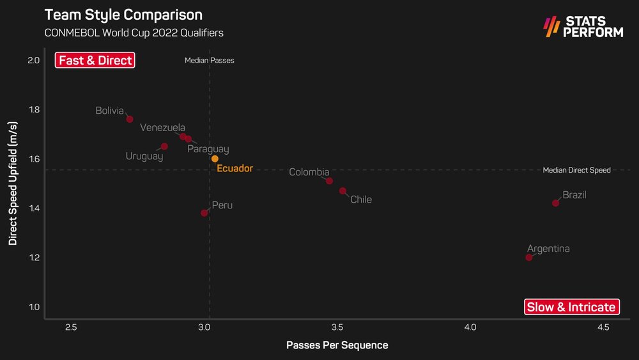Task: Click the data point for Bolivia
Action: (x=130, y=119)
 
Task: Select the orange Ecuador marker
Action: (x=215, y=159)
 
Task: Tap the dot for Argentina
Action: (x=529, y=257)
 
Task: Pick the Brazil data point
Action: (x=555, y=203)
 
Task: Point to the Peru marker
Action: (x=204, y=213)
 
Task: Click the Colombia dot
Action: (x=329, y=181)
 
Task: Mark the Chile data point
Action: (x=343, y=191)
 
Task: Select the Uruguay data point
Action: (x=164, y=146)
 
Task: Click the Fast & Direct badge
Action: (x=95, y=61)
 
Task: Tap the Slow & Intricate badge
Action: (x=571, y=307)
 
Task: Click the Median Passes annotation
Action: (x=209, y=61)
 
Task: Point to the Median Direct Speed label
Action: (x=576, y=170)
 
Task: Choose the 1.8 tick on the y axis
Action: (x=33, y=109)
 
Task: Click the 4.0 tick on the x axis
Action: (x=470, y=327)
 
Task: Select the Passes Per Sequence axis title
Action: (x=337, y=345)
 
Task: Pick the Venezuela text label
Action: (x=162, y=127)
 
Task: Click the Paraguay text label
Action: (x=208, y=149)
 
